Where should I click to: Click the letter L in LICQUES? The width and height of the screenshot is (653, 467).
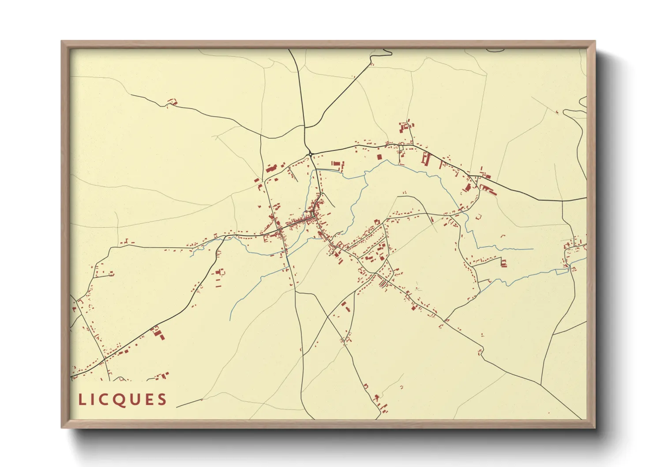[x=82, y=400]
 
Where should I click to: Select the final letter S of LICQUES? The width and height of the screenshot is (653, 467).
[x=162, y=400]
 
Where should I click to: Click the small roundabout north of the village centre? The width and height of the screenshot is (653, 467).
[x=311, y=154]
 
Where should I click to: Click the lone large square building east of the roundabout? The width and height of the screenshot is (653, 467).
[x=379, y=156]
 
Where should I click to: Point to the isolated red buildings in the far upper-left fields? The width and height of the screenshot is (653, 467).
[x=173, y=102]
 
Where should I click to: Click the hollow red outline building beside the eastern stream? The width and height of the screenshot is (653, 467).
[x=478, y=216]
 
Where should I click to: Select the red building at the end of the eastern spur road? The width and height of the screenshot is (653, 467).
[x=503, y=263]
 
